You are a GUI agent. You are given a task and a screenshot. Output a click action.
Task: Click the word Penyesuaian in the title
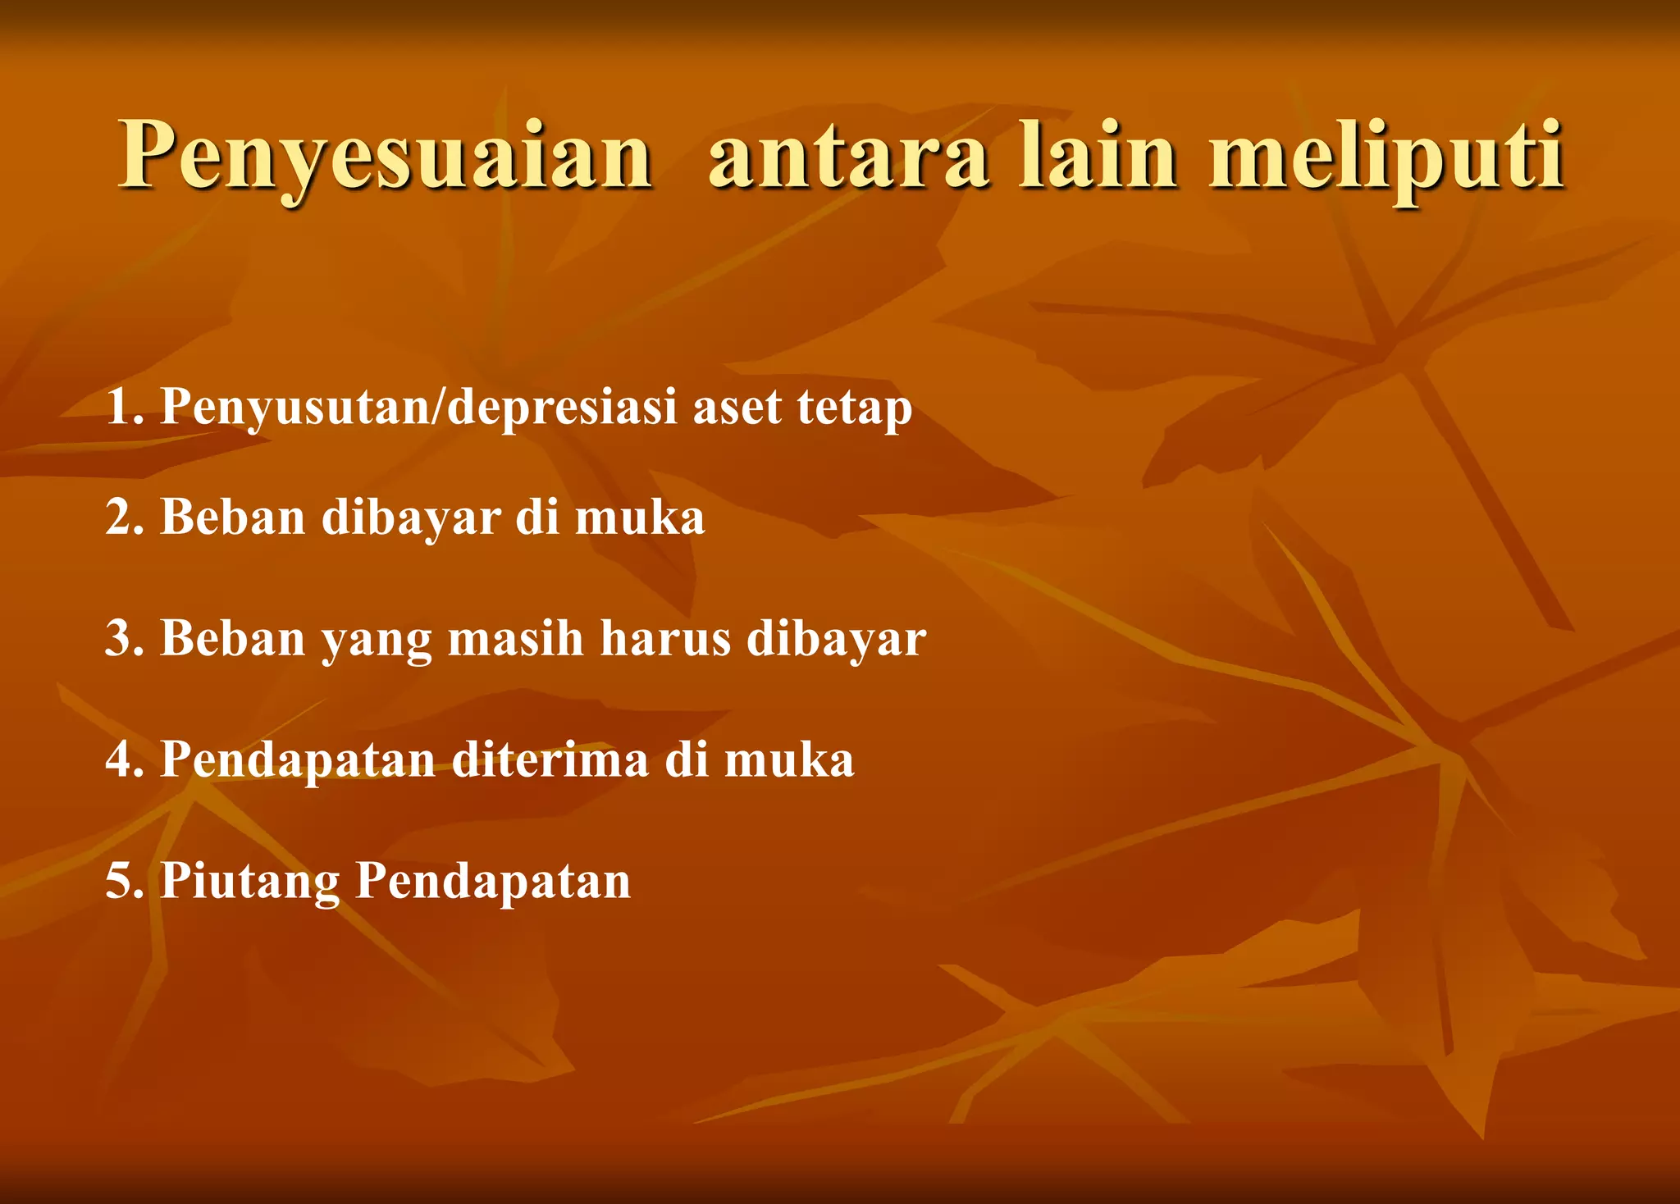386,156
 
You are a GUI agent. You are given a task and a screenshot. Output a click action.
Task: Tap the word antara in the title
848,156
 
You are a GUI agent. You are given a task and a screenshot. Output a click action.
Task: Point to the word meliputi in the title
1386,156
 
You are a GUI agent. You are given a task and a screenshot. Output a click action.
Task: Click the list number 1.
120,407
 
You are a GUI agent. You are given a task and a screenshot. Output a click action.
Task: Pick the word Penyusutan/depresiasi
418,407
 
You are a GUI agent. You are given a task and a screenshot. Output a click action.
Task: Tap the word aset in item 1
737,407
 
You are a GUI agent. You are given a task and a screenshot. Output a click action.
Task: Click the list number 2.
120,518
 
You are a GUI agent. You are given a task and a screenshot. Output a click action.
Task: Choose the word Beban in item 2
232,518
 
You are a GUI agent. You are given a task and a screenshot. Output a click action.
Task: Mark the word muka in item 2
640,518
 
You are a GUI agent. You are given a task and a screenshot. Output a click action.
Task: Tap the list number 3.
120,638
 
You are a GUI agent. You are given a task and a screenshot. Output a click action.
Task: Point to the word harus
665,638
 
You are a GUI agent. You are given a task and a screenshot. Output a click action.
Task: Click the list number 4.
120,759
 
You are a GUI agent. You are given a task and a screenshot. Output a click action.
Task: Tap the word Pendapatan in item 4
298,759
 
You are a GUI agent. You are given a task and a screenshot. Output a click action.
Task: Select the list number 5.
120,881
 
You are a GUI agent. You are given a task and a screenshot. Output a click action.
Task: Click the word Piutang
249,881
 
